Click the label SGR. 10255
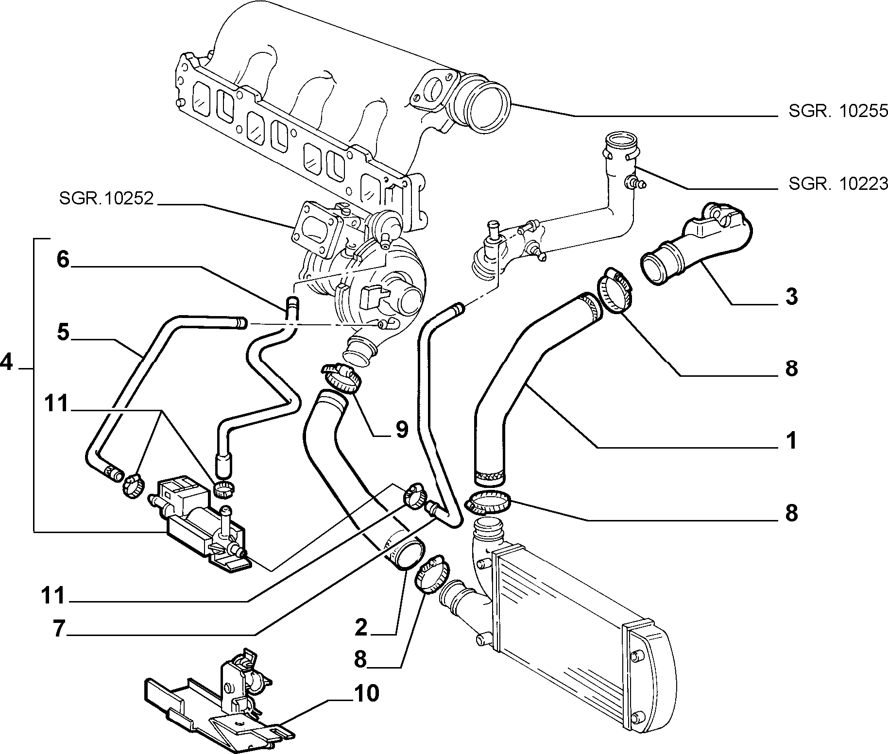point(838,112)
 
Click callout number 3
point(791,297)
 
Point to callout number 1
point(791,441)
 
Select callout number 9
point(401,430)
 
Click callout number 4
point(6,362)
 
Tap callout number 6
point(63,259)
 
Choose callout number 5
point(63,333)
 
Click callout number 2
point(361,628)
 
